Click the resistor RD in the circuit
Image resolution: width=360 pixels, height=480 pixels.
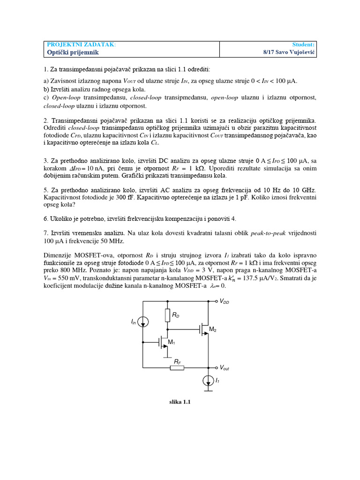pyautogui.click(x=167, y=315)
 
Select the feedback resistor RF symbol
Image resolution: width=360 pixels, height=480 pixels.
pyautogui.click(x=177, y=367)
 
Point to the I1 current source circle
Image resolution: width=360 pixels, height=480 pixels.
pyautogui.click(x=209, y=381)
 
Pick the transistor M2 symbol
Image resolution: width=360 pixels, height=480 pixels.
pyautogui.click(x=204, y=330)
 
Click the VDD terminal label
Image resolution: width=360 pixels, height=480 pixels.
pyautogui.click(x=225, y=302)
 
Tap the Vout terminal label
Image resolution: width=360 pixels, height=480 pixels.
pyautogui.click(x=225, y=368)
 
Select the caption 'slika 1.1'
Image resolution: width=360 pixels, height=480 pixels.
pyautogui.click(x=180, y=402)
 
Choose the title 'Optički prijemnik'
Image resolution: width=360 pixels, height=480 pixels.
pyautogui.click(x=73, y=52)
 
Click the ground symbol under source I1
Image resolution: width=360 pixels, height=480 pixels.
pyautogui.click(x=209, y=390)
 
